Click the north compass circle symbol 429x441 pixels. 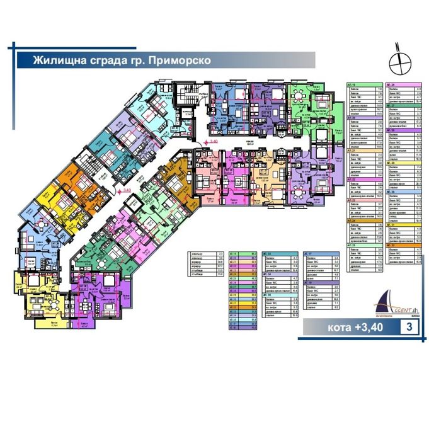coord(398,61)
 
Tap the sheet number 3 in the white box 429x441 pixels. coord(410,328)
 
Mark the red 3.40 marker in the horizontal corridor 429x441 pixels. coord(214,142)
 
